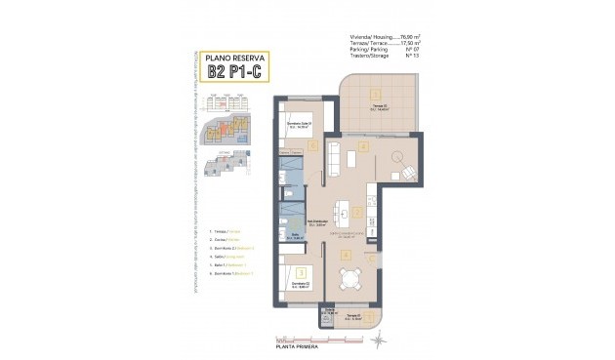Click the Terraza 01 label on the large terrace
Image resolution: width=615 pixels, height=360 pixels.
[x=377, y=105]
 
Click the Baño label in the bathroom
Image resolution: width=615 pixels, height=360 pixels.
[x=294, y=235]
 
